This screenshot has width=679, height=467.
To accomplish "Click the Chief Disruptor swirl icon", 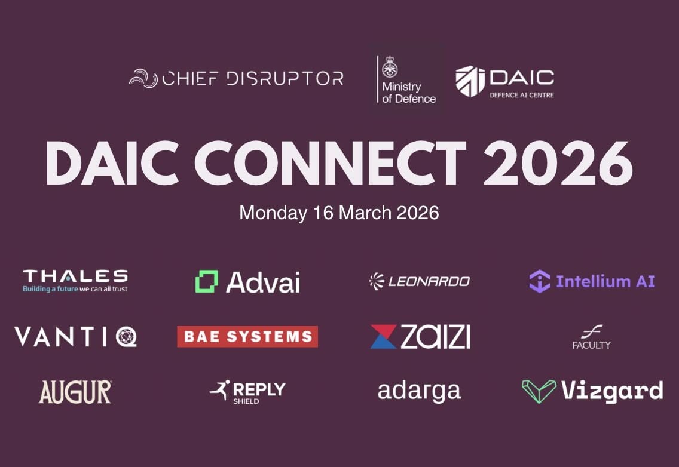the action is coord(143,78).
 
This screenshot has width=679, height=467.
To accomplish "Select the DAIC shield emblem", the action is coord(470,81).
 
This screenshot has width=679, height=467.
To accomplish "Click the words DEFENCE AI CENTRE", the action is coord(521,95).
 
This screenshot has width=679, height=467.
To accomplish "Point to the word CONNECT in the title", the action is coord(331,163).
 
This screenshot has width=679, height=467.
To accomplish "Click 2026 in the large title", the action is coord(558,163).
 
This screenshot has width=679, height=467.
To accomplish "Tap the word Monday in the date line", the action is coord(273,213).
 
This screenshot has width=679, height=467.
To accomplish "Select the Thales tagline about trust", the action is coord(75,288).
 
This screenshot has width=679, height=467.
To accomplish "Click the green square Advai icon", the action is coord(207,281).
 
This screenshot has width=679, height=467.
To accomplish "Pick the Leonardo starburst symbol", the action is coord(377,281).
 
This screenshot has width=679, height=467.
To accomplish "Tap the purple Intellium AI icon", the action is coord(539,281).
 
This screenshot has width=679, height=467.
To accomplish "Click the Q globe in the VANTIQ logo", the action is coord(127,337).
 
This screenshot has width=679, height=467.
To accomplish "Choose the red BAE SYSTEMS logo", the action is coord(247,337).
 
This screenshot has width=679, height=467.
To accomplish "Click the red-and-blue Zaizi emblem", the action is coord(383,337).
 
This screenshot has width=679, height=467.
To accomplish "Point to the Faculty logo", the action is coord(591,337).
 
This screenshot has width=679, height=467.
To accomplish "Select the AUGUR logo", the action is coord(75,392).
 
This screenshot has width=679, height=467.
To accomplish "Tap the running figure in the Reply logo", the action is coord(220,390).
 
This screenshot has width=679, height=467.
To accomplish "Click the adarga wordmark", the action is coord(419,392).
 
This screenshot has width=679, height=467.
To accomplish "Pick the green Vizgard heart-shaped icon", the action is coord(539,391).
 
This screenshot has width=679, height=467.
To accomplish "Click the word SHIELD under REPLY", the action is coord(246,401).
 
